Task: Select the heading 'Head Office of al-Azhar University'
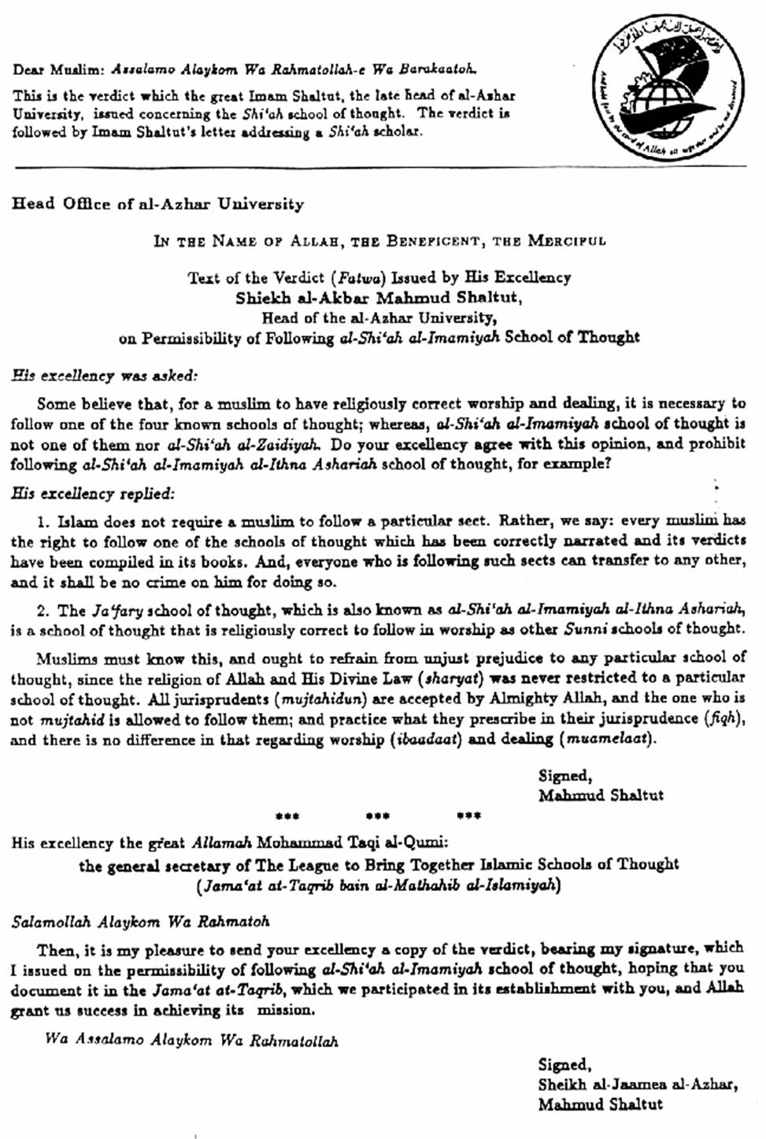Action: (157, 204)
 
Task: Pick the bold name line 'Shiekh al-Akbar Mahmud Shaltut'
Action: (379, 298)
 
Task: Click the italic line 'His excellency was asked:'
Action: (104, 375)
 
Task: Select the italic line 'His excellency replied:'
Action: (92, 494)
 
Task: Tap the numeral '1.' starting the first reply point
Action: (43, 521)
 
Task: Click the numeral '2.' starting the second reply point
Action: (43, 610)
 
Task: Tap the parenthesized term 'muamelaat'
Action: (607, 739)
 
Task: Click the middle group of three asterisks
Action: (378, 815)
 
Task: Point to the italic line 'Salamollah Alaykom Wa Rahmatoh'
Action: (140, 921)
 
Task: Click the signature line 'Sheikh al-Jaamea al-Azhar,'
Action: (638, 1084)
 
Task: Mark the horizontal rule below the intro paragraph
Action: (379, 166)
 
